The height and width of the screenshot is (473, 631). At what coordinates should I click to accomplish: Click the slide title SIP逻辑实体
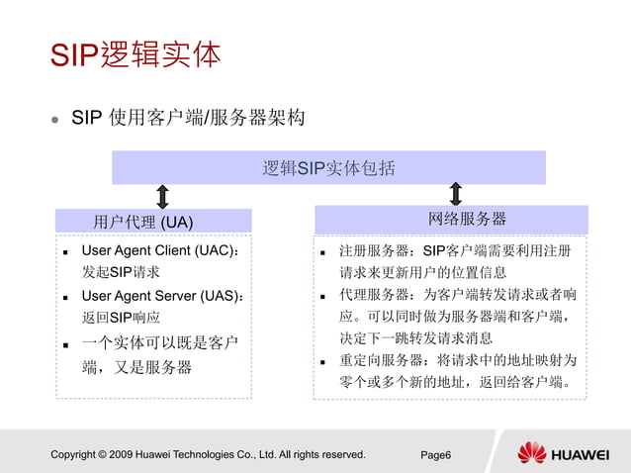click(135, 54)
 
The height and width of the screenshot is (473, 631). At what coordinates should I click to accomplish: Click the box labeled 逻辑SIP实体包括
click(328, 168)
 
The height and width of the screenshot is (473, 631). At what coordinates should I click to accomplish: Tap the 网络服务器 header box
click(451, 219)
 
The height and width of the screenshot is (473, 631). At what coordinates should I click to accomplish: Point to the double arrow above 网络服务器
click(456, 194)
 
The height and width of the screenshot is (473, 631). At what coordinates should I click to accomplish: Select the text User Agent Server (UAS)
click(161, 296)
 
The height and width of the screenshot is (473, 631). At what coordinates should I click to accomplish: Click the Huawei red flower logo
click(532, 453)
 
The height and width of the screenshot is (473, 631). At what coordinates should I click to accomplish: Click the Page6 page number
click(436, 455)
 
